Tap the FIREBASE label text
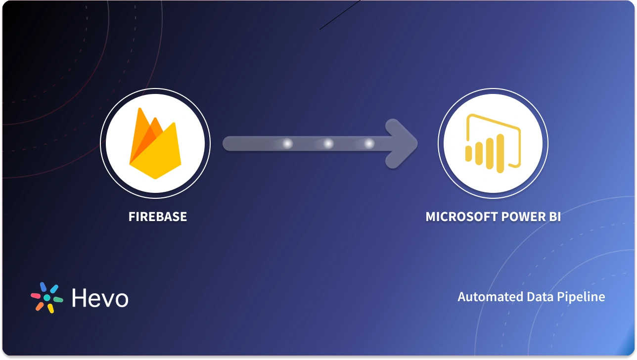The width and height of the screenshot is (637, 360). [158, 217]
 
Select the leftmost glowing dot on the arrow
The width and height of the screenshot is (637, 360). [287, 143]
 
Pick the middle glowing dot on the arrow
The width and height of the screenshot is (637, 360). [328, 143]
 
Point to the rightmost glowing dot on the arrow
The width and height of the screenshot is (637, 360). [369, 143]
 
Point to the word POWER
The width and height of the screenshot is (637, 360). [516, 217]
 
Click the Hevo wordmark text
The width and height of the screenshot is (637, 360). [100, 298]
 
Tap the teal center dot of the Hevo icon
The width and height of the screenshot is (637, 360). [47, 298]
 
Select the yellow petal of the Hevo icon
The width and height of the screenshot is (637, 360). [50, 308]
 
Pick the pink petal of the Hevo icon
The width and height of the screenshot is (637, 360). [36, 295]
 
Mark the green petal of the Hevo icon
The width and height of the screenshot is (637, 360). [58, 300]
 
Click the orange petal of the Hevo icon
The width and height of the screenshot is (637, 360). [40, 306]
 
